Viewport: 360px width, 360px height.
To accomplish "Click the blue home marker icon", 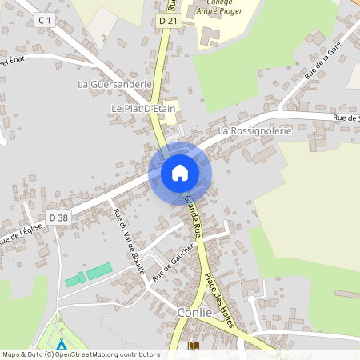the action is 180,173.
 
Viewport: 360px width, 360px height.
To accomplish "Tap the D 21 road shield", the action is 166,21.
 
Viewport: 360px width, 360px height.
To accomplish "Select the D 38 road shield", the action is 58,217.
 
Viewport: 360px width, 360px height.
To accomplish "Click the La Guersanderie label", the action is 114,83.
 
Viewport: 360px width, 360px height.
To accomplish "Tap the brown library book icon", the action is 193,346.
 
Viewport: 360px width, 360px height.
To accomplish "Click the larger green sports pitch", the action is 99,271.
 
